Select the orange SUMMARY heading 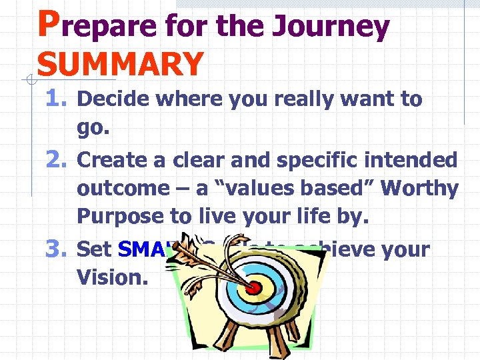pyautogui.click(x=120, y=64)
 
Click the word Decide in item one pyautogui.click(x=114, y=99)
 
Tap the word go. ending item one pyautogui.click(x=93, y=129)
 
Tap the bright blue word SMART pyautogui.click(x=150, y=249)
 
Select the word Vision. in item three pyautogui.click(x=113, y=277)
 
